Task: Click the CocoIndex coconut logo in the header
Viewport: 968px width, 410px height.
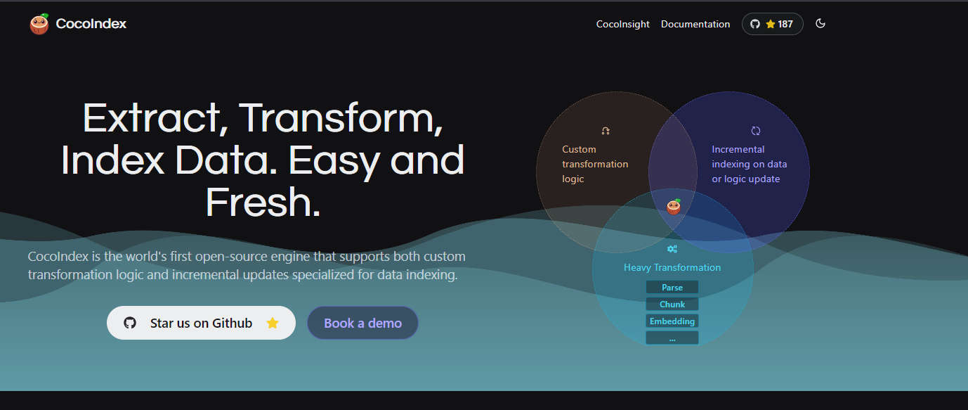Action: (x=39, y=24)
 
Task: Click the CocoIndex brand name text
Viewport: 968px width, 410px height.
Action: (x=91, y=23)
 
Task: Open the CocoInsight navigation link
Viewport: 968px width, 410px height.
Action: (x=622, y=24)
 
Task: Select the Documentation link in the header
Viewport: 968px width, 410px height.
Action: (x=695, y=24)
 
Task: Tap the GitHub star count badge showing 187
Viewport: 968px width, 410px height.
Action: (x=772, y=24)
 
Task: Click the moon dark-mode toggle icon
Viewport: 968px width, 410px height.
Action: (x=820, y=23)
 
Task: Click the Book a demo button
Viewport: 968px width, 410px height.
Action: (x=362, y=323)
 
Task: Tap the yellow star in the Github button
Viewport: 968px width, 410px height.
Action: (x=273, y=323)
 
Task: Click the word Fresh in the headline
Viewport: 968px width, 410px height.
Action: (x=263, y=203)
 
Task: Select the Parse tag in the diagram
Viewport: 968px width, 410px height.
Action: (x=672, y=288)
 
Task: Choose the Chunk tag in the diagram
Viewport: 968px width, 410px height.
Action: (x=672, y=305)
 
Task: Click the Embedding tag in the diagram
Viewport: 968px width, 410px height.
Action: (x=672, y=321)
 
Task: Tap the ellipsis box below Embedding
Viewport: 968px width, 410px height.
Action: (x=672, y=338)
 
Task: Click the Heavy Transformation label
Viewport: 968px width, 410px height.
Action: (x=672, y=268)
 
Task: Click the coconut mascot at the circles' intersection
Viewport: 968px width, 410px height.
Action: (x=674, y=207)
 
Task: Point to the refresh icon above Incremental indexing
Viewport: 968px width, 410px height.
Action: (x=755, y=131)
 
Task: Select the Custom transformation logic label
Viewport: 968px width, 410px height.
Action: (x=595, y=164)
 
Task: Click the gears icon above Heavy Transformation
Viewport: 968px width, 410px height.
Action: (x=672, y=249)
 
